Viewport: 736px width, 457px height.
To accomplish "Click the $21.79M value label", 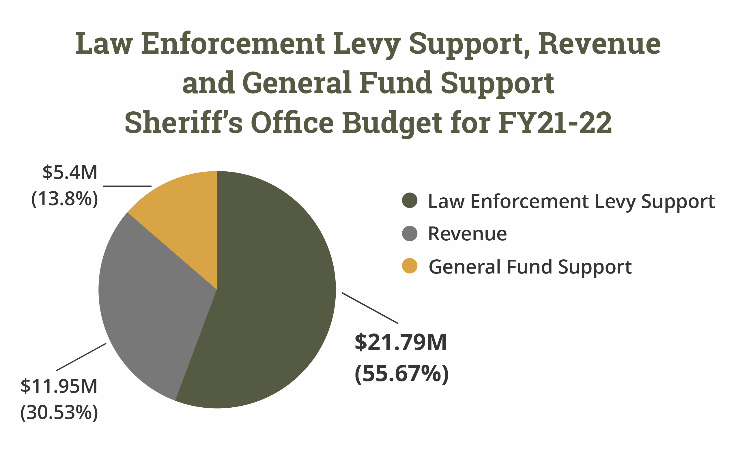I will (400, 343).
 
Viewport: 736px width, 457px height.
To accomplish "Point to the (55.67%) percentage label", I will (401, 374).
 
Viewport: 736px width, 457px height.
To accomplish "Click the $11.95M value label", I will (59, 386).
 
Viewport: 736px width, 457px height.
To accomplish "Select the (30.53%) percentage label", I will (59, 413).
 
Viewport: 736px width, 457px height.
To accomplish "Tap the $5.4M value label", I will (70, 173).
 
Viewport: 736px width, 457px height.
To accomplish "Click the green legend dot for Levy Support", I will (410, 201).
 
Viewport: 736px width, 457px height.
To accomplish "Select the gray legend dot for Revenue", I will (410, 233).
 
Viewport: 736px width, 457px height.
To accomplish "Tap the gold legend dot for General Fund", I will (410, 266).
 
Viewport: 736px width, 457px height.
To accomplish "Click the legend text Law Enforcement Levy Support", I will (571, 202).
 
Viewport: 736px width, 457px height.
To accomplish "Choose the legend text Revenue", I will (467, 234).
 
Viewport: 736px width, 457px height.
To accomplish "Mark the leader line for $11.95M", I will (81, 357).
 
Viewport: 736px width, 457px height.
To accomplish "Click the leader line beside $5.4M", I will (127, 186).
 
